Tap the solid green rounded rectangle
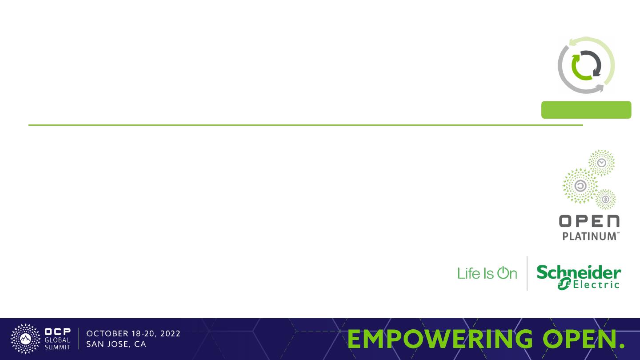[x=586, y=110]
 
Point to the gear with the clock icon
[x=601, y=163]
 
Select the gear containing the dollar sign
[x=605, y=199]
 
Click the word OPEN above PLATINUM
[x=589, y=221]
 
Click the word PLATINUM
[x=589, y=236]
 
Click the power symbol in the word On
[x=503, y=273]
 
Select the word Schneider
[x=579, y=272]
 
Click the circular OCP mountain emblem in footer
[x=25, y=339]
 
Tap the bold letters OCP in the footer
[x=57, y=332]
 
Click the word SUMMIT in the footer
[x=57, y=347]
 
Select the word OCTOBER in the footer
[x=108, y=334]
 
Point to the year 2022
[x=170, y=334]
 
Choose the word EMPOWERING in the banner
[x=440, y=339]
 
